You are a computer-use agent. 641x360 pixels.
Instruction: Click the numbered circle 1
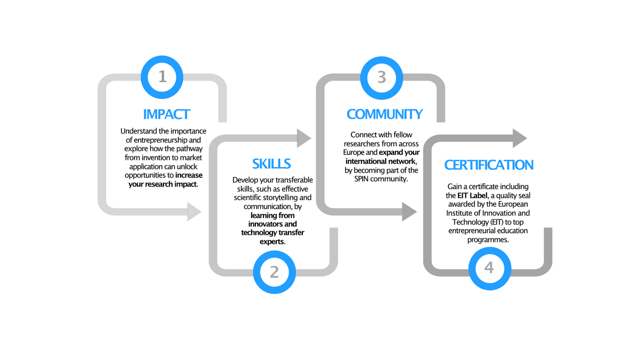pyautogui.click(x=163, y=76)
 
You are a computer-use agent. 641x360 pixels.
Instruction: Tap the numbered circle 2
pyautogui.click(x=274, y=271)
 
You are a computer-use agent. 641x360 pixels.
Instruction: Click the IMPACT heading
pyautogui.click(x=166, y=114)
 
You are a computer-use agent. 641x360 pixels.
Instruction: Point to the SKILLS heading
pyautogui.click(x=272, y=163)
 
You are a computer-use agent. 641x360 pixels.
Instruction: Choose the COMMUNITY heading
pyautogui.click(x=385, y=114)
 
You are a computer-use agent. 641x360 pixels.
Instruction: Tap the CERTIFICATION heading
pyautogui.click(x=489, y=165)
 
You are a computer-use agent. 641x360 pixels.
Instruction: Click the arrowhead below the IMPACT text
pyautogui.click(x=194, y=212)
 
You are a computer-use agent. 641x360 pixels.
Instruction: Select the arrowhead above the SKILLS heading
pyautogui.click(x=304, y=138)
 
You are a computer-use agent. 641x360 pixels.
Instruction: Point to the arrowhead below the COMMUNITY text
pyautogui.click(x=409, y=212)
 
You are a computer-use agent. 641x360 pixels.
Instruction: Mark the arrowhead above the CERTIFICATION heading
pyautogui.click(x=519, y=138)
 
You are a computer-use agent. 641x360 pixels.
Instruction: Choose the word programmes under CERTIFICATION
pyautogui.click(x=489, y=240)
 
